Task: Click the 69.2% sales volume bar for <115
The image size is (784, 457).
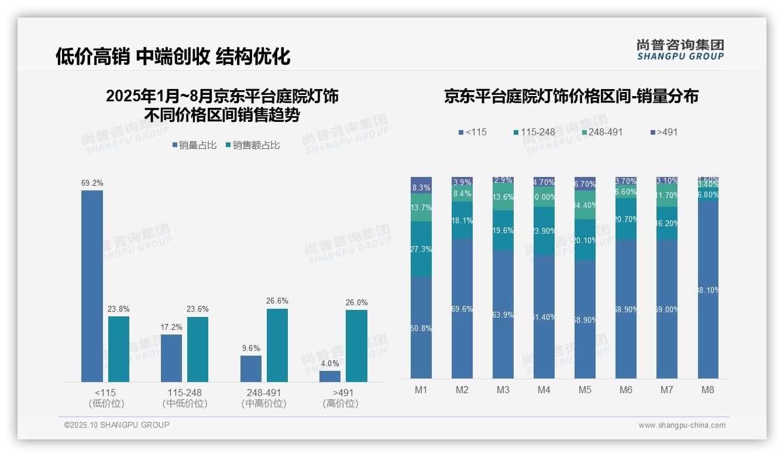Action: pos(92,286)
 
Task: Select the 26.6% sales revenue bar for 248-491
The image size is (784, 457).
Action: pos(277,345)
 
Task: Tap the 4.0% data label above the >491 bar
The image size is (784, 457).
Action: pos(330,363)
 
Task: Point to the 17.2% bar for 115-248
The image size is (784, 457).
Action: pos(171,358)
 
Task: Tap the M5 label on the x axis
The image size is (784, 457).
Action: pos(584,390)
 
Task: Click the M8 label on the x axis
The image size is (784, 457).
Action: pos(707,390)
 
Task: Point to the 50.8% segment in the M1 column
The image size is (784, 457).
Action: pos(421,328)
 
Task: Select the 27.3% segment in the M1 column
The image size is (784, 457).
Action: pos(421,249)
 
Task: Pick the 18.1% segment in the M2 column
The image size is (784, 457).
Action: pos(462,220)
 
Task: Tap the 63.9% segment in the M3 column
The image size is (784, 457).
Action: pos(503,315)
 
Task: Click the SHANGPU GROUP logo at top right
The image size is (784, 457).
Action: pos(680,50)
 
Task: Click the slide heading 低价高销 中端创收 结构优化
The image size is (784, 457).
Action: pos(173,56)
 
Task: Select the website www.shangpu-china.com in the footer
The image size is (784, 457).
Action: pos(682,425)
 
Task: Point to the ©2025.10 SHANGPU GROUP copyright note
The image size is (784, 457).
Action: pos(117,425)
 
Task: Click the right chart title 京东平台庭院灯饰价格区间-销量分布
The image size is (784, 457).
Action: pos(571,97)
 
